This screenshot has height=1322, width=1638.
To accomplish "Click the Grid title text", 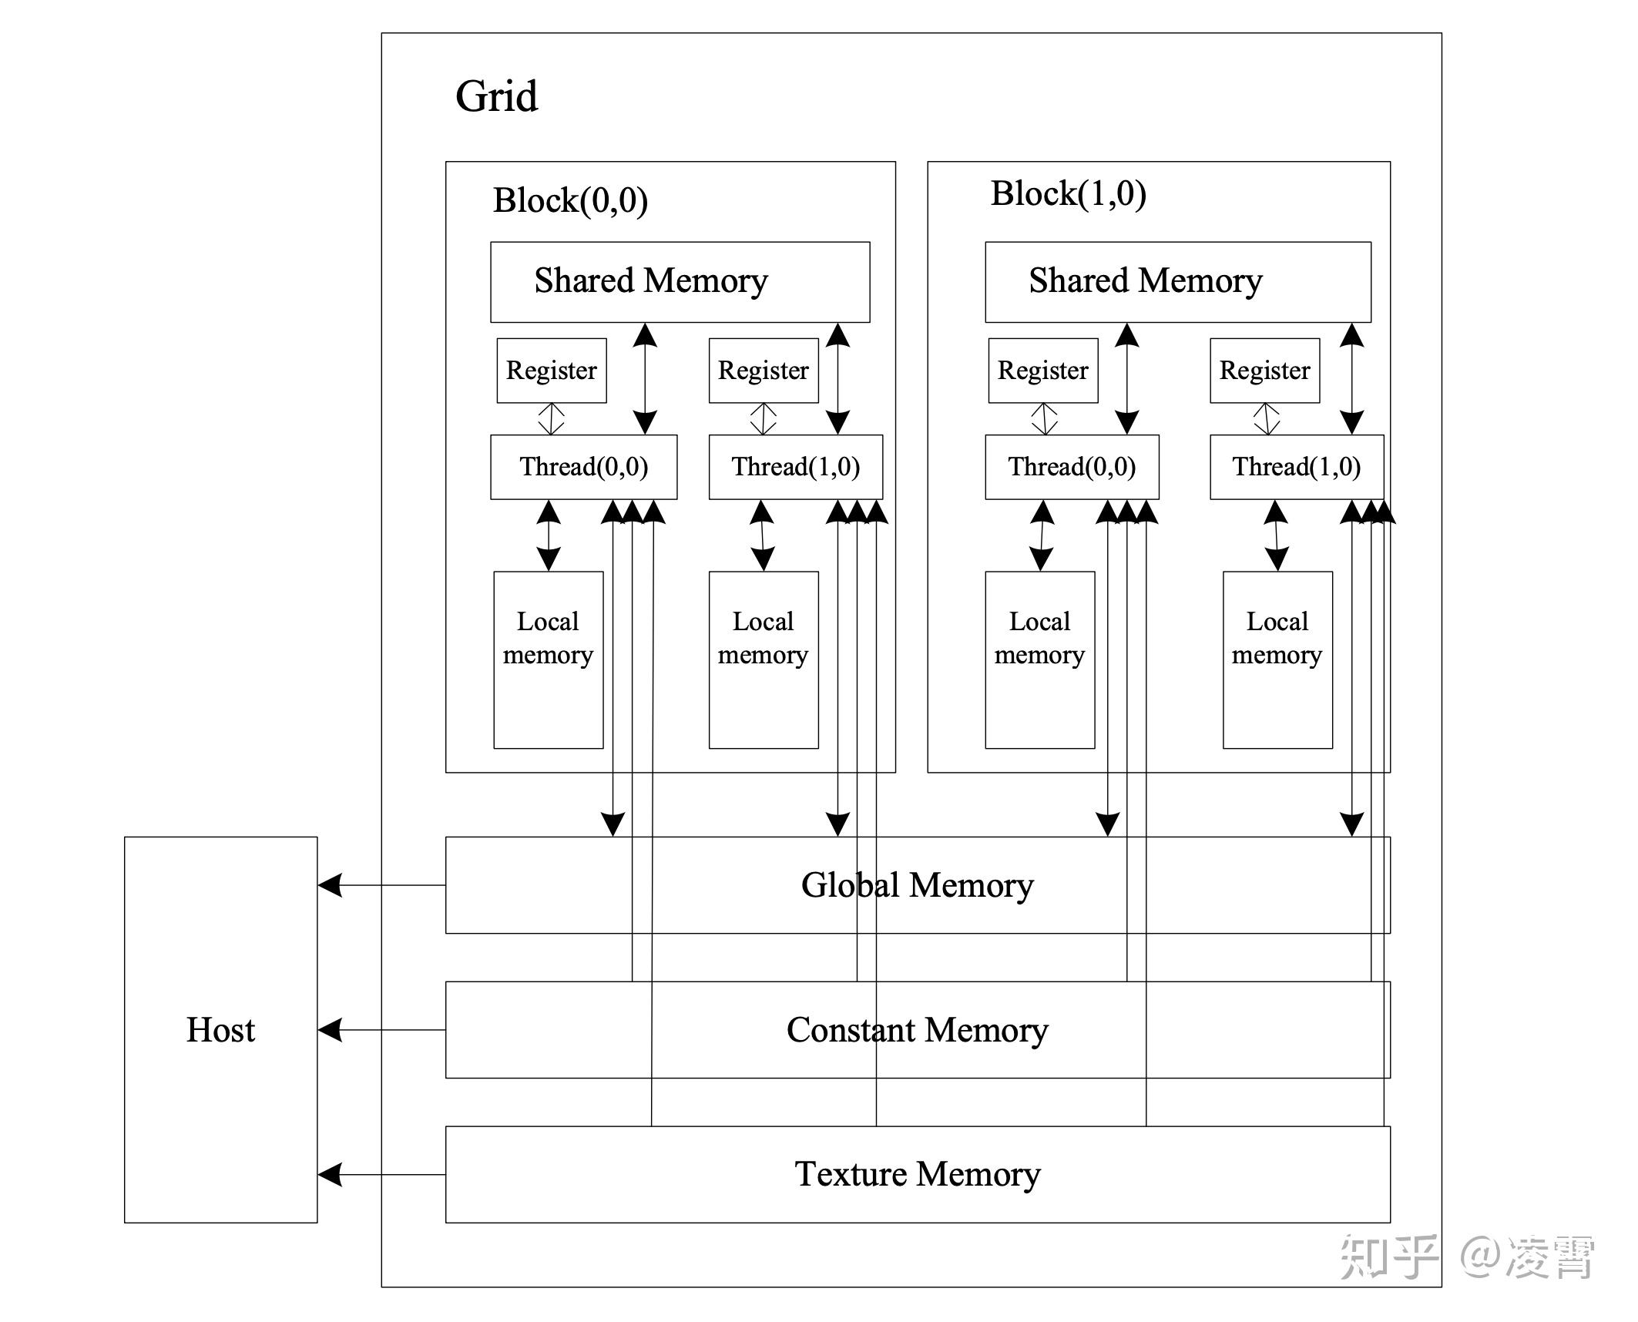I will (x=496, y=96).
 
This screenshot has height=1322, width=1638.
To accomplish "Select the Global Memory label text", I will (x=917, y=885).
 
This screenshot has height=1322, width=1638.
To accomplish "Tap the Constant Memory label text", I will (x=917, y=1030).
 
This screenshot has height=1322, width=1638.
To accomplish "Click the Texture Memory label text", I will (x=917, y=1174).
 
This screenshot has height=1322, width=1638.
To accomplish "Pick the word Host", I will (x=220, y=1030).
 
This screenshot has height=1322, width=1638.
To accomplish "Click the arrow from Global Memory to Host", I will (x=381, y=885).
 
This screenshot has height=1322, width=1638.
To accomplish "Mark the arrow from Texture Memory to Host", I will (x=381, y=1175).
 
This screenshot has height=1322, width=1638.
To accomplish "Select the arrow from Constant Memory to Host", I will (x=381, y=1030).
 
